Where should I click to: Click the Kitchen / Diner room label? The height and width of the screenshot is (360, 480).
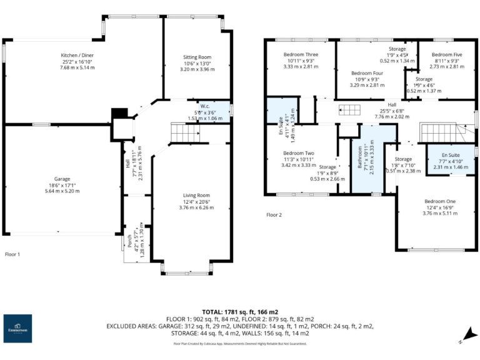point(77,55)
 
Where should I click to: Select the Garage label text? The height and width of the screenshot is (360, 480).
point(61,178)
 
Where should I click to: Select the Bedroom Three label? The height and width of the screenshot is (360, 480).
point(301,54)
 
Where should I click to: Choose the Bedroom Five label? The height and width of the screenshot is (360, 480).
point(446,54)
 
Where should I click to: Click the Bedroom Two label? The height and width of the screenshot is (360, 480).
point(298,153)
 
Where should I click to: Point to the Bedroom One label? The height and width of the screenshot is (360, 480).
point(440,201)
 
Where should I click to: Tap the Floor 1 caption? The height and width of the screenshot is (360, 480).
point(13,254)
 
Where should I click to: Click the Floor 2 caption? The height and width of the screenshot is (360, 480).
point(274,215)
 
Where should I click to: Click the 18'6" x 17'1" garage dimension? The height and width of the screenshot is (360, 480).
point(61,185)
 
